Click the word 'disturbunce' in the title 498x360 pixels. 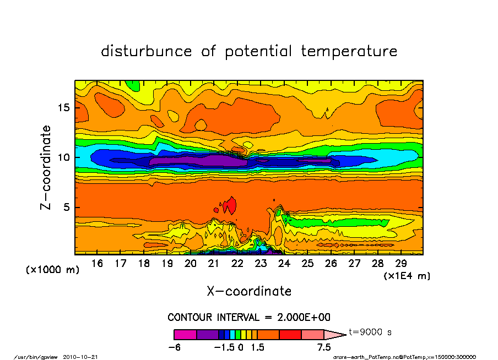(147, 51)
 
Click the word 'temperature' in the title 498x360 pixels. (349, 52)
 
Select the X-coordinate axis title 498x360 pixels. (249, 291)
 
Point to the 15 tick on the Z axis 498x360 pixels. (63, 107)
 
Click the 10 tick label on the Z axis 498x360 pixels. (63, 157)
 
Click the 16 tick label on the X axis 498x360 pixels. (97, 264)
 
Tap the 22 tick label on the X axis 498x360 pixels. (237, 264)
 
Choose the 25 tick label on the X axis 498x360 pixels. (307, 264)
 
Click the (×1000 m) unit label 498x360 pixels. (53, 270)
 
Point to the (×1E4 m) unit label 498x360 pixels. (407, 276)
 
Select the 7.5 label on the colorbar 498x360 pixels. (324, 347)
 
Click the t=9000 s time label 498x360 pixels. (370, 332)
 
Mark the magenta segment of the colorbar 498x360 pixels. (185, 334)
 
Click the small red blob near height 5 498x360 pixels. (231, 205)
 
